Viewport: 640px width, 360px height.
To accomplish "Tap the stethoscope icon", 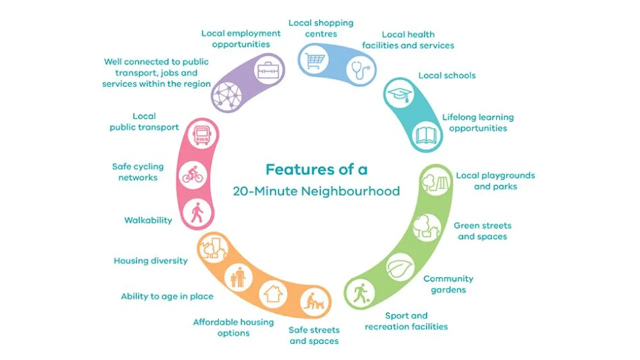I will click(x=359, y=69).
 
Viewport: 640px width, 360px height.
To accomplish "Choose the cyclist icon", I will click(x=192, y=175).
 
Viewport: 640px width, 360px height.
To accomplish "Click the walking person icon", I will click(x=197, y=214).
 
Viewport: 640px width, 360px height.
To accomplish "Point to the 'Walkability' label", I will click(x=148, y=220).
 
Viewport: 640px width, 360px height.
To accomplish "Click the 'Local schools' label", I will click(x=447, y=76).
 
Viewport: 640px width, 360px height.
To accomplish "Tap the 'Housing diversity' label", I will click(x=150, y=261).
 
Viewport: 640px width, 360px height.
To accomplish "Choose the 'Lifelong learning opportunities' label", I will click(x=477, y=123).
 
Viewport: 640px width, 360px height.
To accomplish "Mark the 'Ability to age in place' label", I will click(x=167, y=296).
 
